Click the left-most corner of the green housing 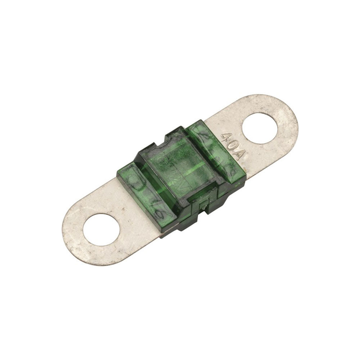(x=117, y=173)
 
